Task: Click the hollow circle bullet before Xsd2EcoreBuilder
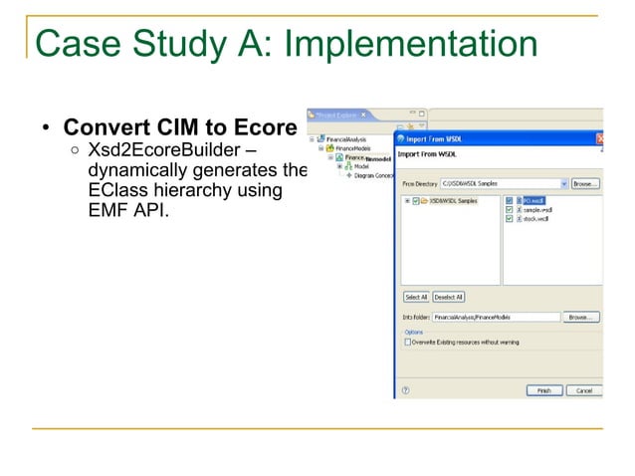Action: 76,151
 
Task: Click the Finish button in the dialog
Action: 542,390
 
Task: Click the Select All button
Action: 416,297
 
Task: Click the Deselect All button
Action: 448,297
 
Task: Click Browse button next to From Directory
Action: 584,184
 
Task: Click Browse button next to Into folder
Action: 581,317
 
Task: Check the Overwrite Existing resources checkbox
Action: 408,341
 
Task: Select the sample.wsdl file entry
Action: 536,210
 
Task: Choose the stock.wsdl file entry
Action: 534,219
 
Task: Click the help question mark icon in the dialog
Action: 405,390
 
